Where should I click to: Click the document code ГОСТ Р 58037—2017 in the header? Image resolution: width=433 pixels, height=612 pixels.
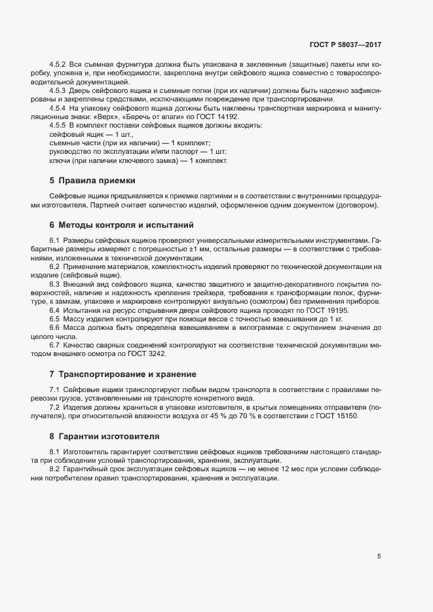pyautogui.click(x=345, y=46)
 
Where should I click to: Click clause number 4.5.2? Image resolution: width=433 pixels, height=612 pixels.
pyautogui.click(x=58, y=66)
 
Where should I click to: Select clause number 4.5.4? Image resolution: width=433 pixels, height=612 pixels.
pyautogui.click(x=58, y=106)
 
